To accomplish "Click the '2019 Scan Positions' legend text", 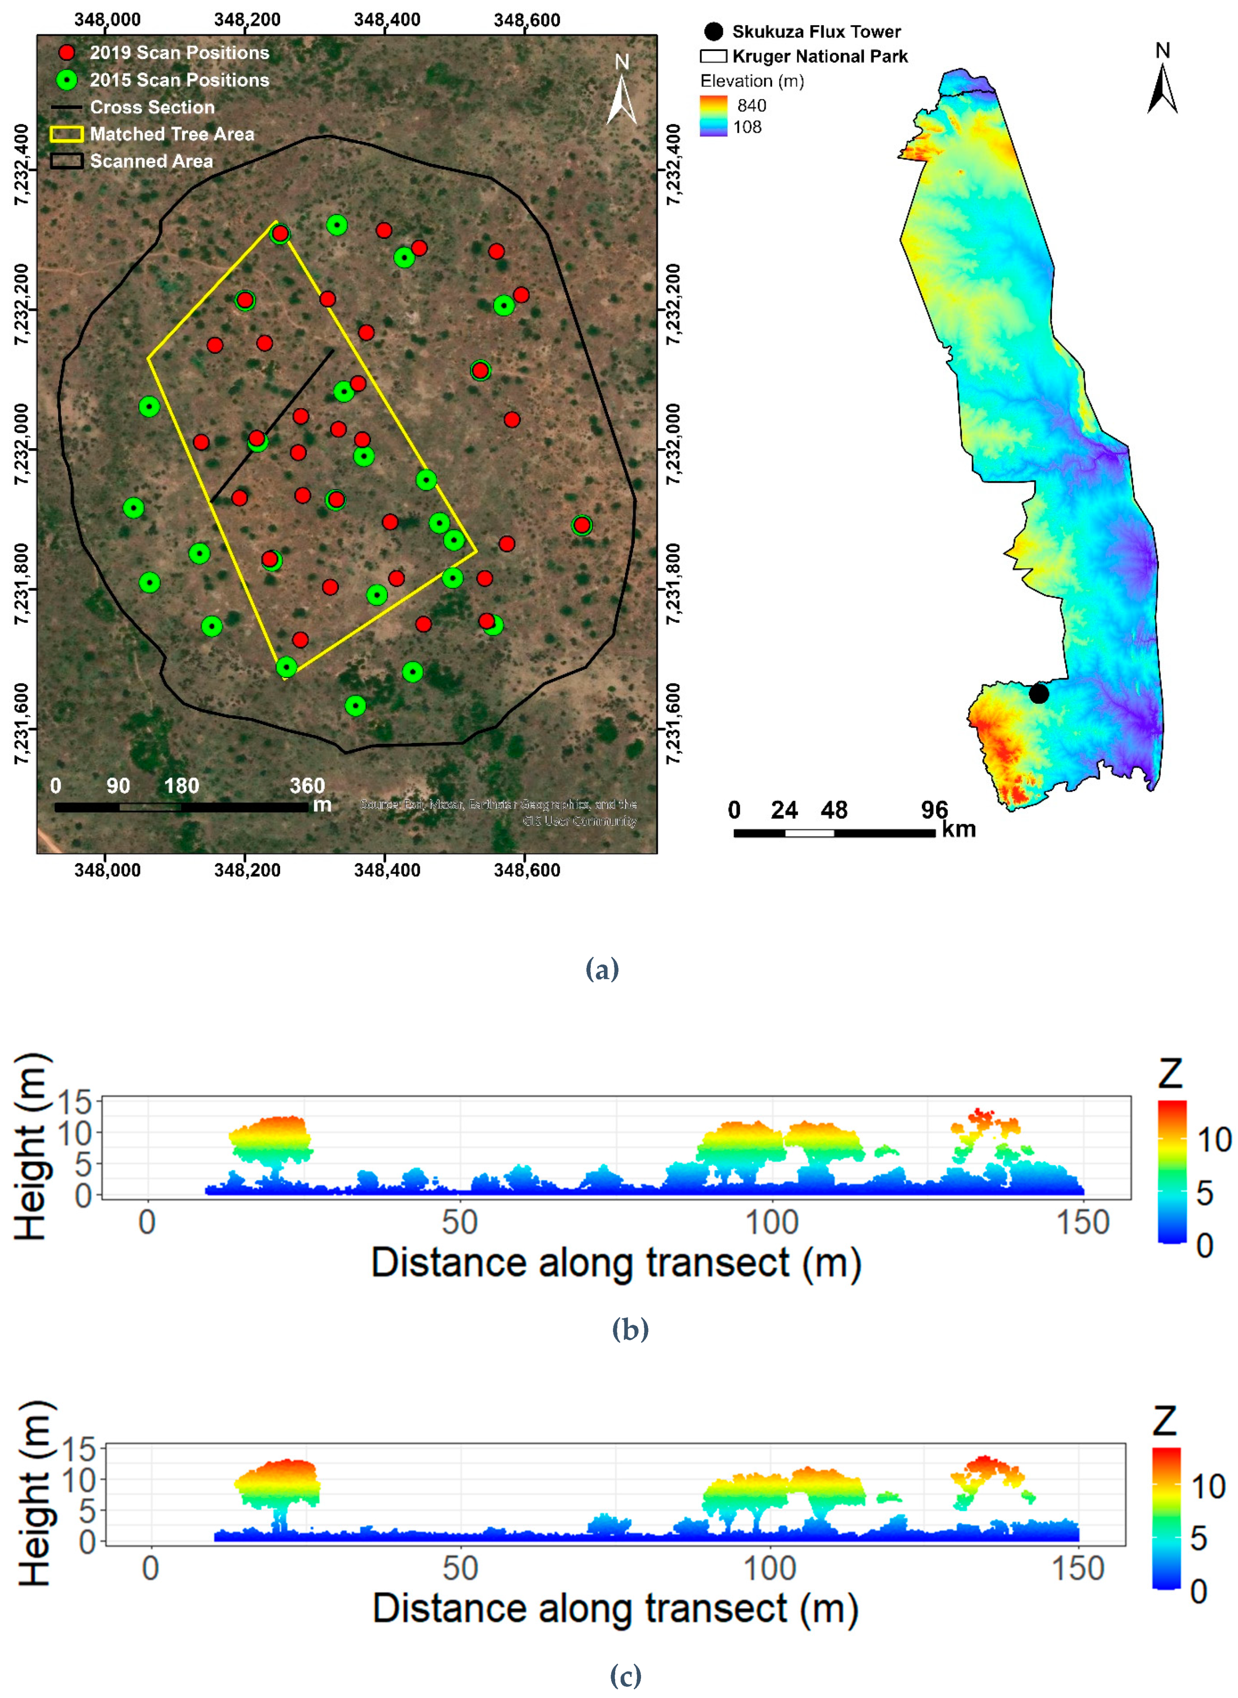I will (179, 53).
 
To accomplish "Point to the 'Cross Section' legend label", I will (152, 107).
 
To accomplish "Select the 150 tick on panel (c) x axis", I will (1078, 1568).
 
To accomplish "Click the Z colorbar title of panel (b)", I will (1170, 1074).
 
